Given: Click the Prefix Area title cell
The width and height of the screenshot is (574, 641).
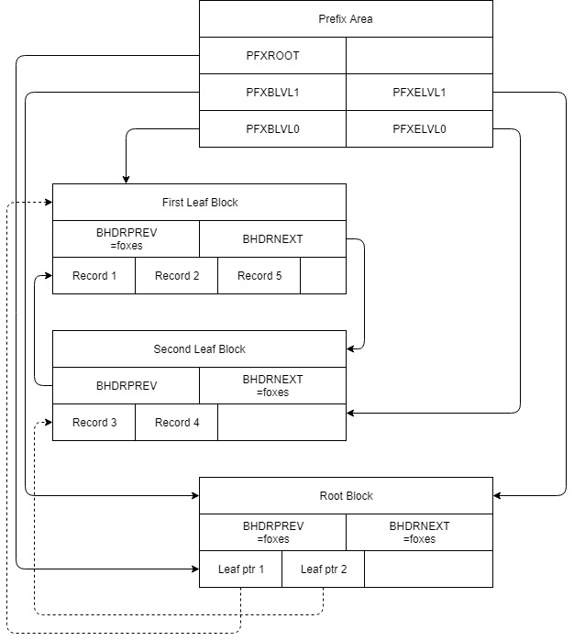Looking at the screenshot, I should click(x=346, y=18).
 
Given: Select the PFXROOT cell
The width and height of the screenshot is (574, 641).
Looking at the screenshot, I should click(x=272, y=55).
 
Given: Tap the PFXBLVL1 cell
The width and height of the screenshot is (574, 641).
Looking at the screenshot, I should click(x=272, y=92).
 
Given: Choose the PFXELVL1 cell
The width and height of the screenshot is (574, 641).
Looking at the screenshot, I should click(x=419, y=92).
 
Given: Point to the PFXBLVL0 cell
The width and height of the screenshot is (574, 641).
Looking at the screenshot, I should click(x=272, y=128).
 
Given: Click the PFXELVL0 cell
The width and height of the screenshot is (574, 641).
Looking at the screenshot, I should click(x=419, y=128).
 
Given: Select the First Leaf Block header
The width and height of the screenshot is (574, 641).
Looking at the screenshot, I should click(x=199, y=202).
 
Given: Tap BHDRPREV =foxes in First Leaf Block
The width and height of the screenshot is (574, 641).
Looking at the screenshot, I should click(x=126, y=238).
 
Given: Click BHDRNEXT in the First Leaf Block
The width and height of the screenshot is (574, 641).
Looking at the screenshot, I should click(x=272, y=238).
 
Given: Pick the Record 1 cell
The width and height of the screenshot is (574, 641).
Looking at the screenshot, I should click(x=94, y=275).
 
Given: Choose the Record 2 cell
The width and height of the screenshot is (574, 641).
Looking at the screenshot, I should click(x=176, y=275).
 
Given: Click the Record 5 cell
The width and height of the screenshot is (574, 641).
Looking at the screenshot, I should click(x=259, y=275).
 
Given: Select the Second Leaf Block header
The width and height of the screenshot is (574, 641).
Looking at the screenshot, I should click(x=199, y=348).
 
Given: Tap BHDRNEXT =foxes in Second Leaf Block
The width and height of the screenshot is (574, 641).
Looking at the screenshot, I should click(x=272, y=385).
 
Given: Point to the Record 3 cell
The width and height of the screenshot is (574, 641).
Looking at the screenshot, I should click(x=94, y=422).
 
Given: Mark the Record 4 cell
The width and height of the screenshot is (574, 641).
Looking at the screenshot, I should click(x=176, y=422).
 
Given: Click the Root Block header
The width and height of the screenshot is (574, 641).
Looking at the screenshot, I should click(x=346, y=495).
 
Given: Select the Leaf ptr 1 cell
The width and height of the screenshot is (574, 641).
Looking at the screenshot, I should click(x=240, y=569).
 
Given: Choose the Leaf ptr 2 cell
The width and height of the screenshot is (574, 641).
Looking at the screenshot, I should click(x=323, y=569).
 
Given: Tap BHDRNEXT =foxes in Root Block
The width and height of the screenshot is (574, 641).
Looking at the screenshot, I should click(x=419, y=532).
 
